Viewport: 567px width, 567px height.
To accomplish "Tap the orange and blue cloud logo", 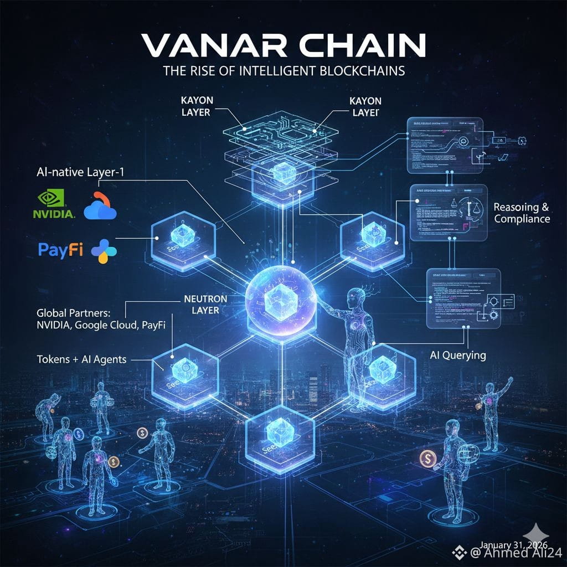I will (x=100, y=205).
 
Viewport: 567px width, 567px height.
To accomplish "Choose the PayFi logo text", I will (x=60, y=250).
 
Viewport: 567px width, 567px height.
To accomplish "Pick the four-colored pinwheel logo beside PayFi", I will (x=104, y=251).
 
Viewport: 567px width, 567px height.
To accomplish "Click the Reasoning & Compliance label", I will (x=522, y=213).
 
